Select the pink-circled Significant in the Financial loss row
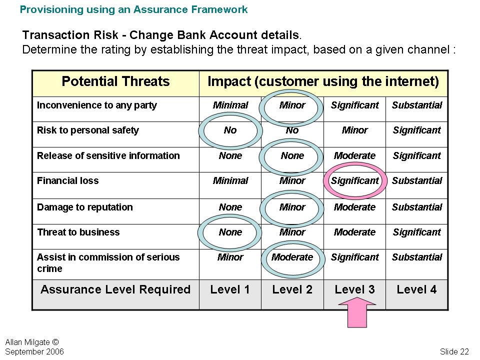355,180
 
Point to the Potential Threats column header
115,81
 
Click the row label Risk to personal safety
88,130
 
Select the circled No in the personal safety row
230,130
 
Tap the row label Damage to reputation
85,207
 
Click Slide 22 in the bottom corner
454,351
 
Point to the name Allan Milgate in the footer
27,342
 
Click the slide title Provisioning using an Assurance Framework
134,9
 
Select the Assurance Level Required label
115,289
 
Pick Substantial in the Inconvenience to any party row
417,105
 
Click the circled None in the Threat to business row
230,232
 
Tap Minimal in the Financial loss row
230,180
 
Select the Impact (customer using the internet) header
323,81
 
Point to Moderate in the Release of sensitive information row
354,156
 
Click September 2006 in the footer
34,351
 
